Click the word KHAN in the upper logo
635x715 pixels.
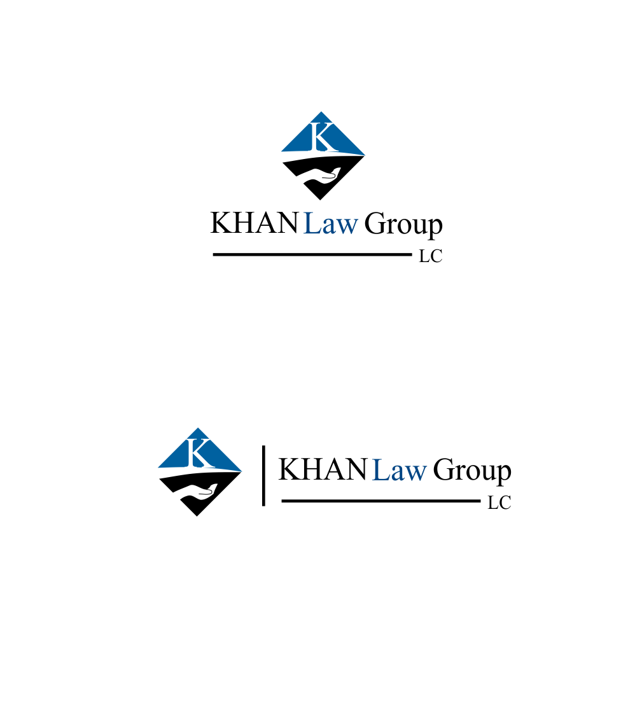254,223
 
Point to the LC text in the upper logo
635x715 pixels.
431,256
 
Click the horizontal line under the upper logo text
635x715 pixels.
312,254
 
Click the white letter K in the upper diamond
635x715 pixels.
323,137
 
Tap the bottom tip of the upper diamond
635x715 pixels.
320,200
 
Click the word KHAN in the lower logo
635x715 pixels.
323,469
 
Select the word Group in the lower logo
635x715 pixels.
472,471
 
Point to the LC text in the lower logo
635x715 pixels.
499,503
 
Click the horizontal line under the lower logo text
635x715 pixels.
381,501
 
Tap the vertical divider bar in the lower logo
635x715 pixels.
263,476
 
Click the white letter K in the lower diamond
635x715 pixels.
199,454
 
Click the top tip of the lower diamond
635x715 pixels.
197,427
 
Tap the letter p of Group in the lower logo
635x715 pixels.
504,475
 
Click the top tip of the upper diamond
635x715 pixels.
321,112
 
